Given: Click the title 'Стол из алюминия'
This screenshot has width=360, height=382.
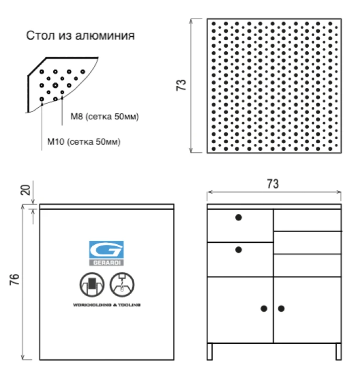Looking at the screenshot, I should click(x=80, y=36).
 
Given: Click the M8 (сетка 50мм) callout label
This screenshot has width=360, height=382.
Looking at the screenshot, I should click(x=104, y=117).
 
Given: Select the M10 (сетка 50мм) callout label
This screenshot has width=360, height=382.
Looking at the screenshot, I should click(x=84, y=142).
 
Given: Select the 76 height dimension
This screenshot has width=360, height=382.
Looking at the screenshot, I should click(x=15, y=279).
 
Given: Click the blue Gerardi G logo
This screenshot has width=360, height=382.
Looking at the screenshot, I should click(x=107, y=250).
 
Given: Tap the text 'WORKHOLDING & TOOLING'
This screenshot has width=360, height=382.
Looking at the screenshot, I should click(x=107, y=305).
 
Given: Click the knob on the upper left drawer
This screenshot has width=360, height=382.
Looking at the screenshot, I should click(x=239, y=218).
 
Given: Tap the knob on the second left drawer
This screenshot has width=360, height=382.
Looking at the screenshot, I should click(x=239, y=249).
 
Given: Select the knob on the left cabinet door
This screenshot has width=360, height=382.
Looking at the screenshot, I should click(x=264, y=308).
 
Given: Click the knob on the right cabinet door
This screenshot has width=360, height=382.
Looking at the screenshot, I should click(x=281, y=308).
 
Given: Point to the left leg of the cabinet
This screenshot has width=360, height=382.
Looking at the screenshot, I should click(x=210, y=351).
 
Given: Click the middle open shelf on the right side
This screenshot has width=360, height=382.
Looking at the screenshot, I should click(x=307, y=243).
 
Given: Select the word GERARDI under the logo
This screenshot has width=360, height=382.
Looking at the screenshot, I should click(x=107, y=262).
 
